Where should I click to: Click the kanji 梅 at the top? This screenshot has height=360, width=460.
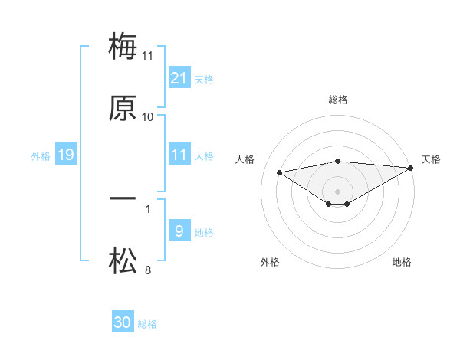coord(123,47)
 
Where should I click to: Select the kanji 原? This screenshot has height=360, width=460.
coord(123,109)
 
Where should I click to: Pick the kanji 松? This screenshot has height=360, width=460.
coord(123,261)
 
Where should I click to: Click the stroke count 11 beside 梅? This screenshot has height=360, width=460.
coord(148,55)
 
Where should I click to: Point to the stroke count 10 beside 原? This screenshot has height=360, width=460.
coord(148,117)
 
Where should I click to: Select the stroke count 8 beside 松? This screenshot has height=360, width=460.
coord(148,270)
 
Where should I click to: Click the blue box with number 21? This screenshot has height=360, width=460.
coord(179,77)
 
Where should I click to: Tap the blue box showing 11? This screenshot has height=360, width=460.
coord(179,155)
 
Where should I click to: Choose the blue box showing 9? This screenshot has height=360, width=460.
coord(179,231)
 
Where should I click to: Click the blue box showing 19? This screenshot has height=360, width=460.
coord(66,155)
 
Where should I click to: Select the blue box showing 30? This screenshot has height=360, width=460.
coord(123,322)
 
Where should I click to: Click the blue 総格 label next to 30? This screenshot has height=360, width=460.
coord(147,324)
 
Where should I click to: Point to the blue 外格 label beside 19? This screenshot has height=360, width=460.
coord(41,156)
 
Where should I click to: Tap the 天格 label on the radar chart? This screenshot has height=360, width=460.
coord(431,159)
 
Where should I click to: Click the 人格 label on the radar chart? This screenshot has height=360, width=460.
coord(245,159)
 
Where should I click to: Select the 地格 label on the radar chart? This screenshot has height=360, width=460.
coord(402,262)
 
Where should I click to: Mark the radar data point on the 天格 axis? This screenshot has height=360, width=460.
coord(412,168)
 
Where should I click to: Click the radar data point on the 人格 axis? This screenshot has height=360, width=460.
coord(280,172)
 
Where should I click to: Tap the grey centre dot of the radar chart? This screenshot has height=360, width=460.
coord(338,191)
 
